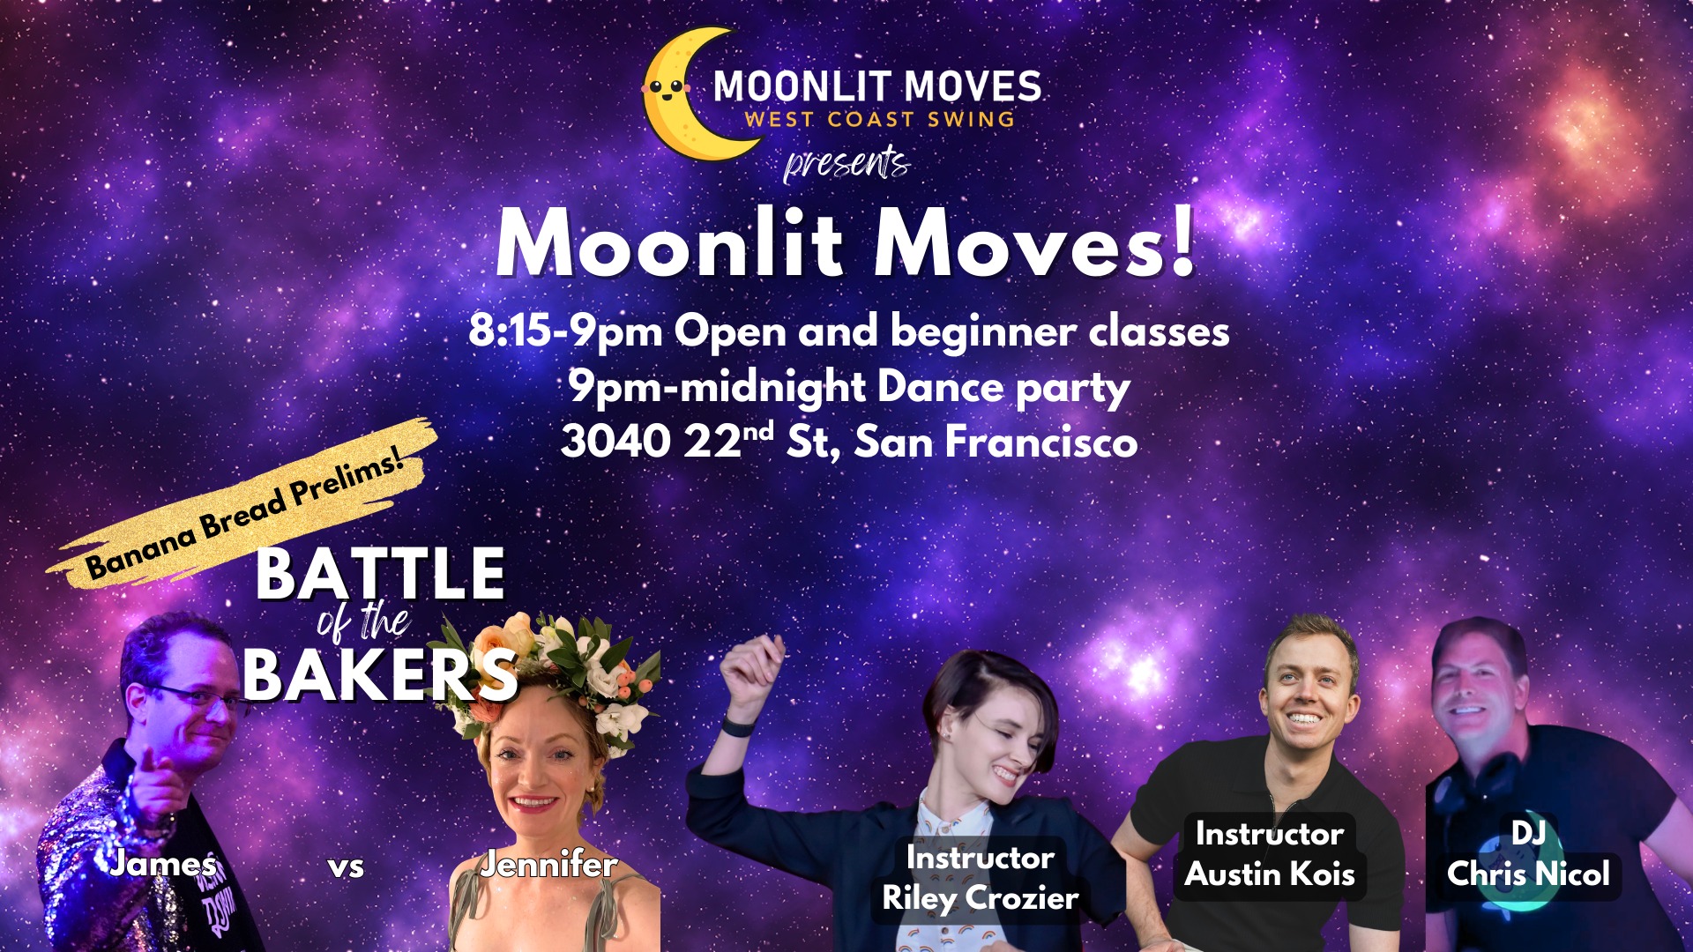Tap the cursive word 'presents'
click(x=846, y=164)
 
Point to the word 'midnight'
click(x=772, y=389)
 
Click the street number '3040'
click(x=615, y=442)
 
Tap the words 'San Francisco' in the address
click(x=996, y=441)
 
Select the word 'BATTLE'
click(x=380, y=574)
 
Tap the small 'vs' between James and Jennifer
click(x=346, y=866)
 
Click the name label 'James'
click(x=162, y=863)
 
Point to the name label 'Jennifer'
click(x=548, y=865)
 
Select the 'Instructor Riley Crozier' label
click(x=980, y=878)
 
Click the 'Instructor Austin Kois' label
click(x=1270, y=854)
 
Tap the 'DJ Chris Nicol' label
click(x=1528, y=854)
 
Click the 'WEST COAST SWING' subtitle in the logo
click(x=879, y=119)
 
